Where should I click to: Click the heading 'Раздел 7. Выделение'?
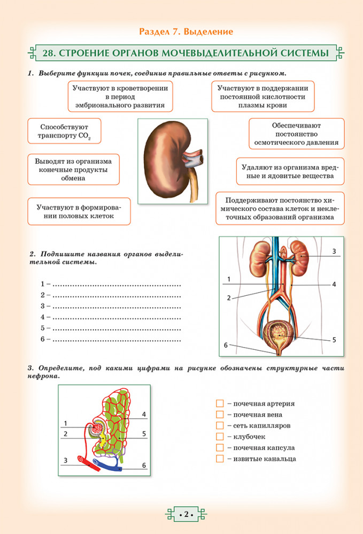click(x=186, y=32)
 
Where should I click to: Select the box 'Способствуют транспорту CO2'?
click(x=64, y=131)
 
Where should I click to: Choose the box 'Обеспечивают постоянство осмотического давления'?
click(x=296, y=133)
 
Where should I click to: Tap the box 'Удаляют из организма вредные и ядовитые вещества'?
click(x=290, y=171)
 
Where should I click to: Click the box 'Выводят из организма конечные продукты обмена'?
click(x=73, y=169)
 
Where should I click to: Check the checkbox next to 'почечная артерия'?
click(x=219, y=404)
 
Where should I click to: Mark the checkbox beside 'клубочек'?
click(x=219, y=437)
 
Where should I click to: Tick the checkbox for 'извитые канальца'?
click(x=219, y=459)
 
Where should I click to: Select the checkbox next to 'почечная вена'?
click(x=219, y=415)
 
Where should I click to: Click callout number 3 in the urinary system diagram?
click(x=334, y=251)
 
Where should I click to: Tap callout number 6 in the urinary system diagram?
click(x=226, y=345)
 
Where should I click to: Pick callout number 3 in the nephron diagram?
click(x=65, y=460)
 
